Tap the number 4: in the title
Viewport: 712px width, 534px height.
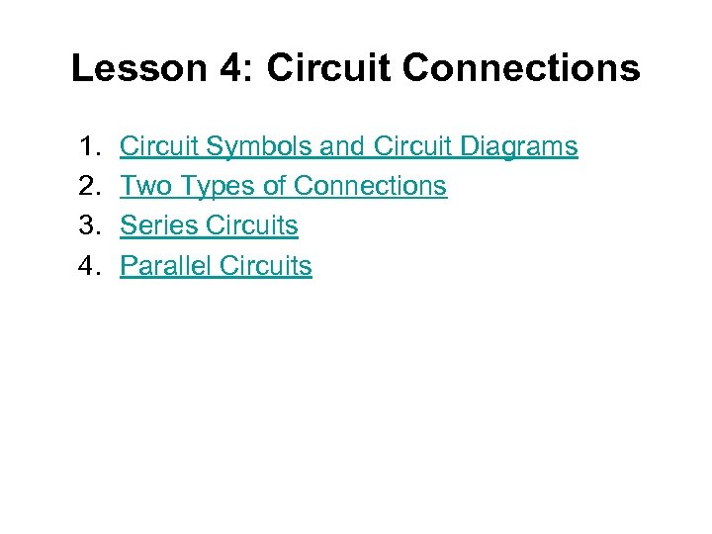coord(227,68)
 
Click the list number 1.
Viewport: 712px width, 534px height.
coord(86,146)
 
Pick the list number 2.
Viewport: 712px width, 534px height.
coord(86,186)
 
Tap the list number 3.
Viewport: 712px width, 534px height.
coord(86,225)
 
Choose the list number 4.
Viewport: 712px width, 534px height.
coord(86,265)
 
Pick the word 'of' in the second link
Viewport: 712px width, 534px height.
coord(274,186)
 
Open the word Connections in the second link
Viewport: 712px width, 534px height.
coord(371,186)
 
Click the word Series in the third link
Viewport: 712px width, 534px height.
coord(159,225)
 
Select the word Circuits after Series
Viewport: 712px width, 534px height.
coord(252,225)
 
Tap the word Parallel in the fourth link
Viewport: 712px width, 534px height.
coord(165,265)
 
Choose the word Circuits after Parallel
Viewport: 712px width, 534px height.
coord(266,265)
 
